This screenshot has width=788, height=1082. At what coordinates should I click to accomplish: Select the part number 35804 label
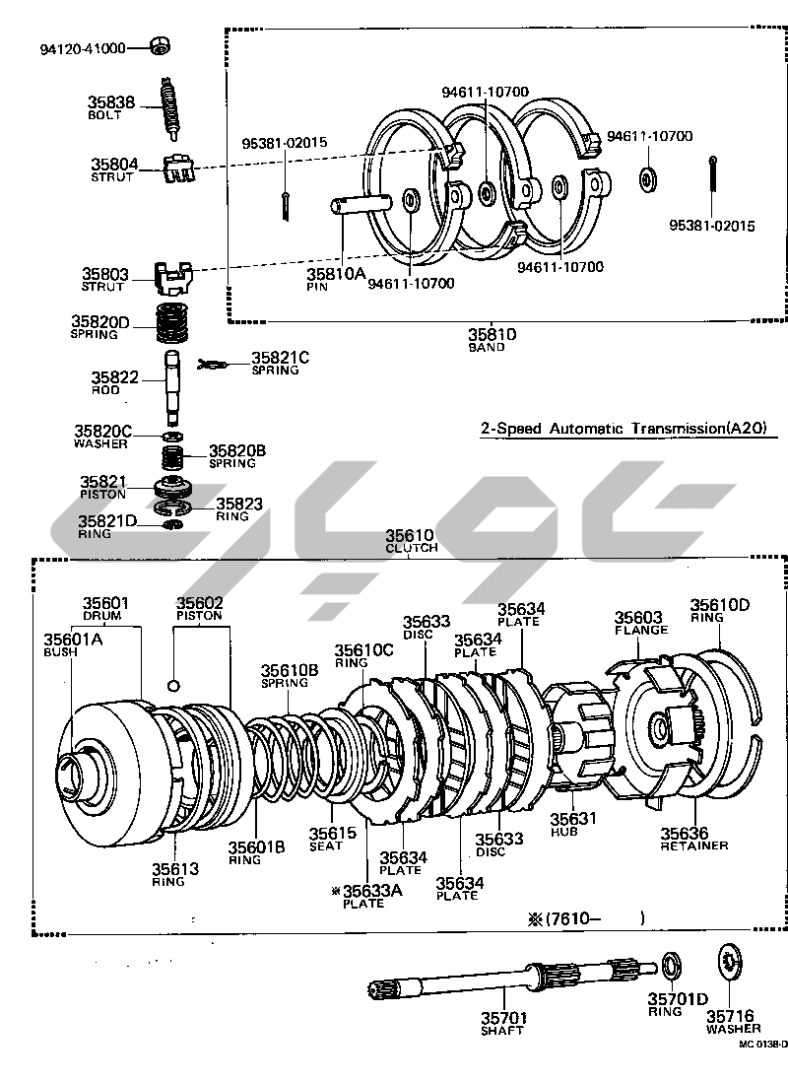(x=114, y=165)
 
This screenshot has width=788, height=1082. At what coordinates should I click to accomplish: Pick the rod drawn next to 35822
(x=173, y=387)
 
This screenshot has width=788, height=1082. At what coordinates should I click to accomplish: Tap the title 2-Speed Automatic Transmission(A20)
(x=624, y=428)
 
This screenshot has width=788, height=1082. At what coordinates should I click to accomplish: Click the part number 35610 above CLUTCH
(x=410, y=535)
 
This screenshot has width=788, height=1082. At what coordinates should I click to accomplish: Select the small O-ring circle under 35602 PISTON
(x=174, y=685)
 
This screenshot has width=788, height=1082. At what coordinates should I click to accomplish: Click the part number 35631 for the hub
(x=572, y=819)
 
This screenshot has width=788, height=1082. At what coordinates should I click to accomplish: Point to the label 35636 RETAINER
(x=693, y=839)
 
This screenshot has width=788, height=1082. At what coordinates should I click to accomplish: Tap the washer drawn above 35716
(x=729, y=961)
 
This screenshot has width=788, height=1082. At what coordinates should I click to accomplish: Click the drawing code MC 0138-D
(x=762, y=1044)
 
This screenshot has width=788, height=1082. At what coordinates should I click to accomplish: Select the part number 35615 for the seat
(x=333, y=833)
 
